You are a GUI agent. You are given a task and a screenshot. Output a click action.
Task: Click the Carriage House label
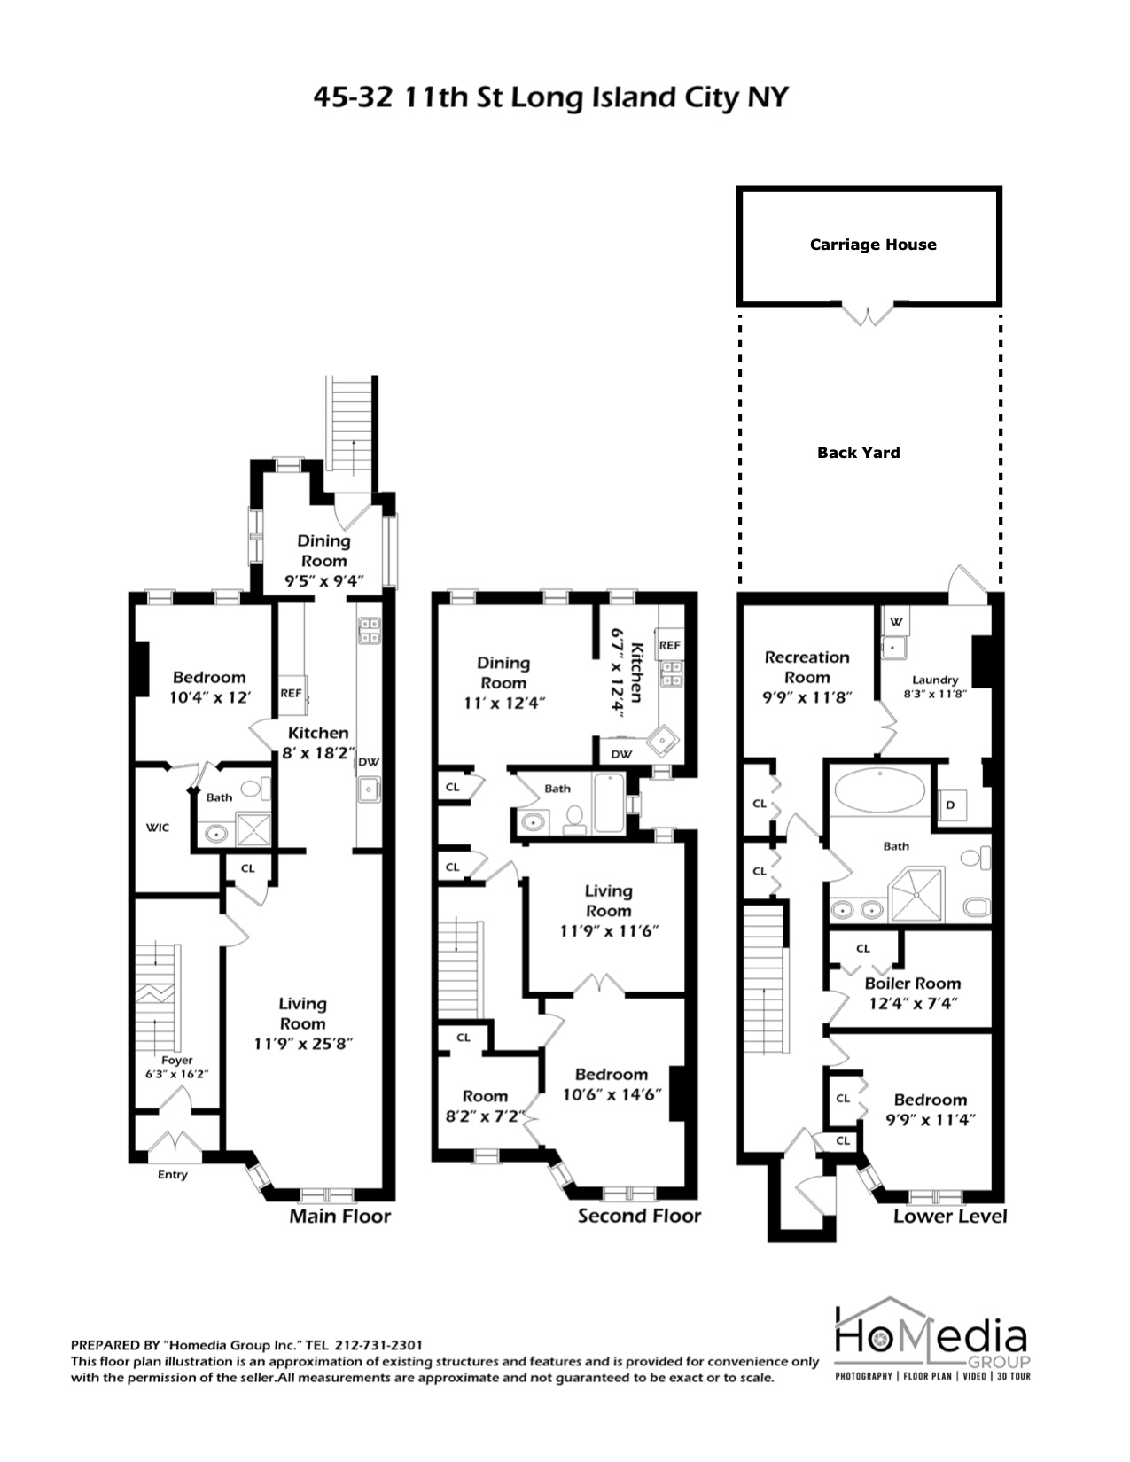point(873,245)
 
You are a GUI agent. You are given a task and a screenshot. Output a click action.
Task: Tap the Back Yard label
point(858,453)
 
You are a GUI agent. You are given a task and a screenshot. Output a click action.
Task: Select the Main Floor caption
point(339,1216)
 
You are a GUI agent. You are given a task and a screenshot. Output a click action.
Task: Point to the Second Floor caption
point(639,1216)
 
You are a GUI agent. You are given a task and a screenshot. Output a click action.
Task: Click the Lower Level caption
point(949,1216)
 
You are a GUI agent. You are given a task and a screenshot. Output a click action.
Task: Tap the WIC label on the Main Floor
point(158,828)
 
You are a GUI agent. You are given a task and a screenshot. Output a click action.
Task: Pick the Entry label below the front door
point(173,1175)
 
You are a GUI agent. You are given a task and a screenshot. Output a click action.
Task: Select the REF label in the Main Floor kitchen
point(291,693)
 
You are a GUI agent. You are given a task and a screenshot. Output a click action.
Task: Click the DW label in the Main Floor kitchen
point(369,762)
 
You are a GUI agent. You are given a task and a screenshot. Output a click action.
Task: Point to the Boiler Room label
point(912,984)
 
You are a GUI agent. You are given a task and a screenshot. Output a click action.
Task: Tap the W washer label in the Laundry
point(894,621)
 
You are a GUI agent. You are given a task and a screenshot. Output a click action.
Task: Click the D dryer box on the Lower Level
point(950,805)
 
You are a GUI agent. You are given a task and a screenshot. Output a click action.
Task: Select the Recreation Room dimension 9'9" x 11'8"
point(807,696)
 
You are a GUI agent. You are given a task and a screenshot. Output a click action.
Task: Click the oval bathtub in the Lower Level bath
point(880,789)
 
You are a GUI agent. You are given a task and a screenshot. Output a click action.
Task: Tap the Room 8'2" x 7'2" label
point(485,1106)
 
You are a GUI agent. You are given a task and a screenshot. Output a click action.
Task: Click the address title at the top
point(550,97)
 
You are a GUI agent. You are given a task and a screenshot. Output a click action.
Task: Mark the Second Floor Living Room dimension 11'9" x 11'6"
point(608,931)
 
